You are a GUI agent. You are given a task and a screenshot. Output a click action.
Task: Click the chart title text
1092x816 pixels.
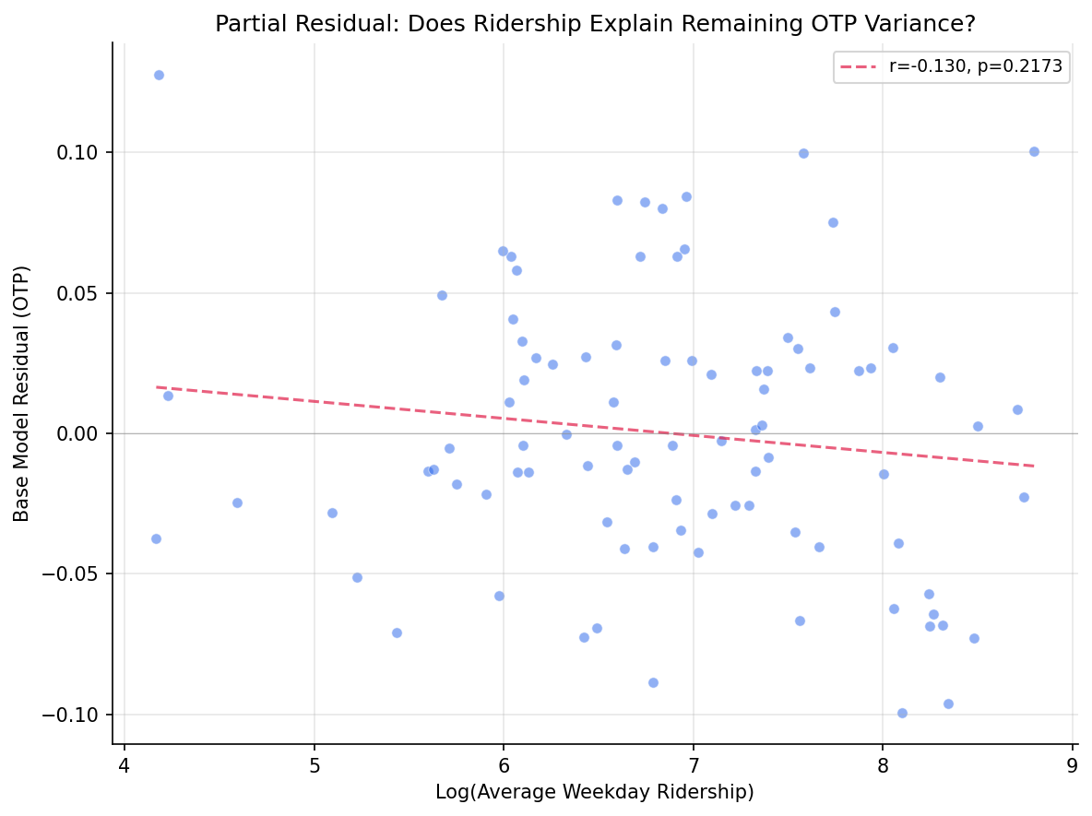[595, 24]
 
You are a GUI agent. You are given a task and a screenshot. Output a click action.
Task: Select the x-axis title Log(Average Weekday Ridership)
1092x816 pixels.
[595, 792]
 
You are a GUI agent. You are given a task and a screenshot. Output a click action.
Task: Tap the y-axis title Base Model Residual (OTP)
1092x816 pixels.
[22, 393]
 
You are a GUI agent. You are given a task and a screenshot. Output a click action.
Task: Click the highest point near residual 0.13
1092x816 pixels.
[159, 75]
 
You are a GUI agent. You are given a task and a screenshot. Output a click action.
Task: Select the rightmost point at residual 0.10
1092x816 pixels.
[1034, 151]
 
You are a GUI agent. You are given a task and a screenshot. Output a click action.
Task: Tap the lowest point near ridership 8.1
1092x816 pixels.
[902, 713]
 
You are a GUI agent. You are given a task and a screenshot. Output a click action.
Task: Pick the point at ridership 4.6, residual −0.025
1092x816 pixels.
[237, 503]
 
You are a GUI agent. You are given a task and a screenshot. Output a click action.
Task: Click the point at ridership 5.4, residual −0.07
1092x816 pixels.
[397, 633]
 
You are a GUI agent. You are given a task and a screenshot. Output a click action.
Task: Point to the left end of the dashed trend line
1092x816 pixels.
[157, 387]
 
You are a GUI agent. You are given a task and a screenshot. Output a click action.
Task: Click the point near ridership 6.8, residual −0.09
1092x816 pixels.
[653, 682]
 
